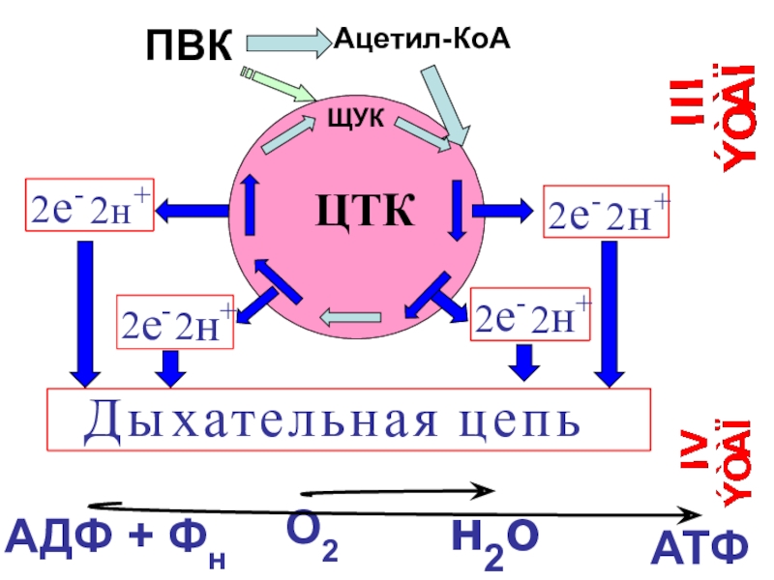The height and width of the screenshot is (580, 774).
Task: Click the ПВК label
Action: click(190, 45)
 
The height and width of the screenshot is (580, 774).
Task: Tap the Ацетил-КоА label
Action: click(423, 39)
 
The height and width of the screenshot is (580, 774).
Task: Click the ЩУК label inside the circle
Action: click(358, 118)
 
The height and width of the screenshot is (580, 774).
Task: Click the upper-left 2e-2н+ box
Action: click(88, 209)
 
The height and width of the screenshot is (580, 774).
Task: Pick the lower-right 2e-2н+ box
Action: click(528, 315)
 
